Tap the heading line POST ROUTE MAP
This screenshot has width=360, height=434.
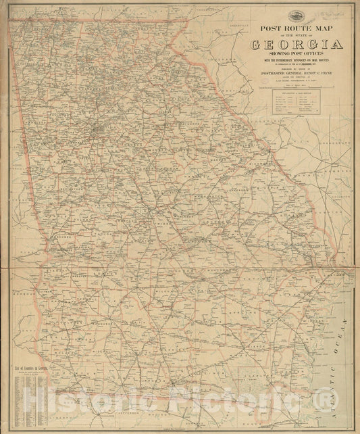(x=297, y=29)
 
